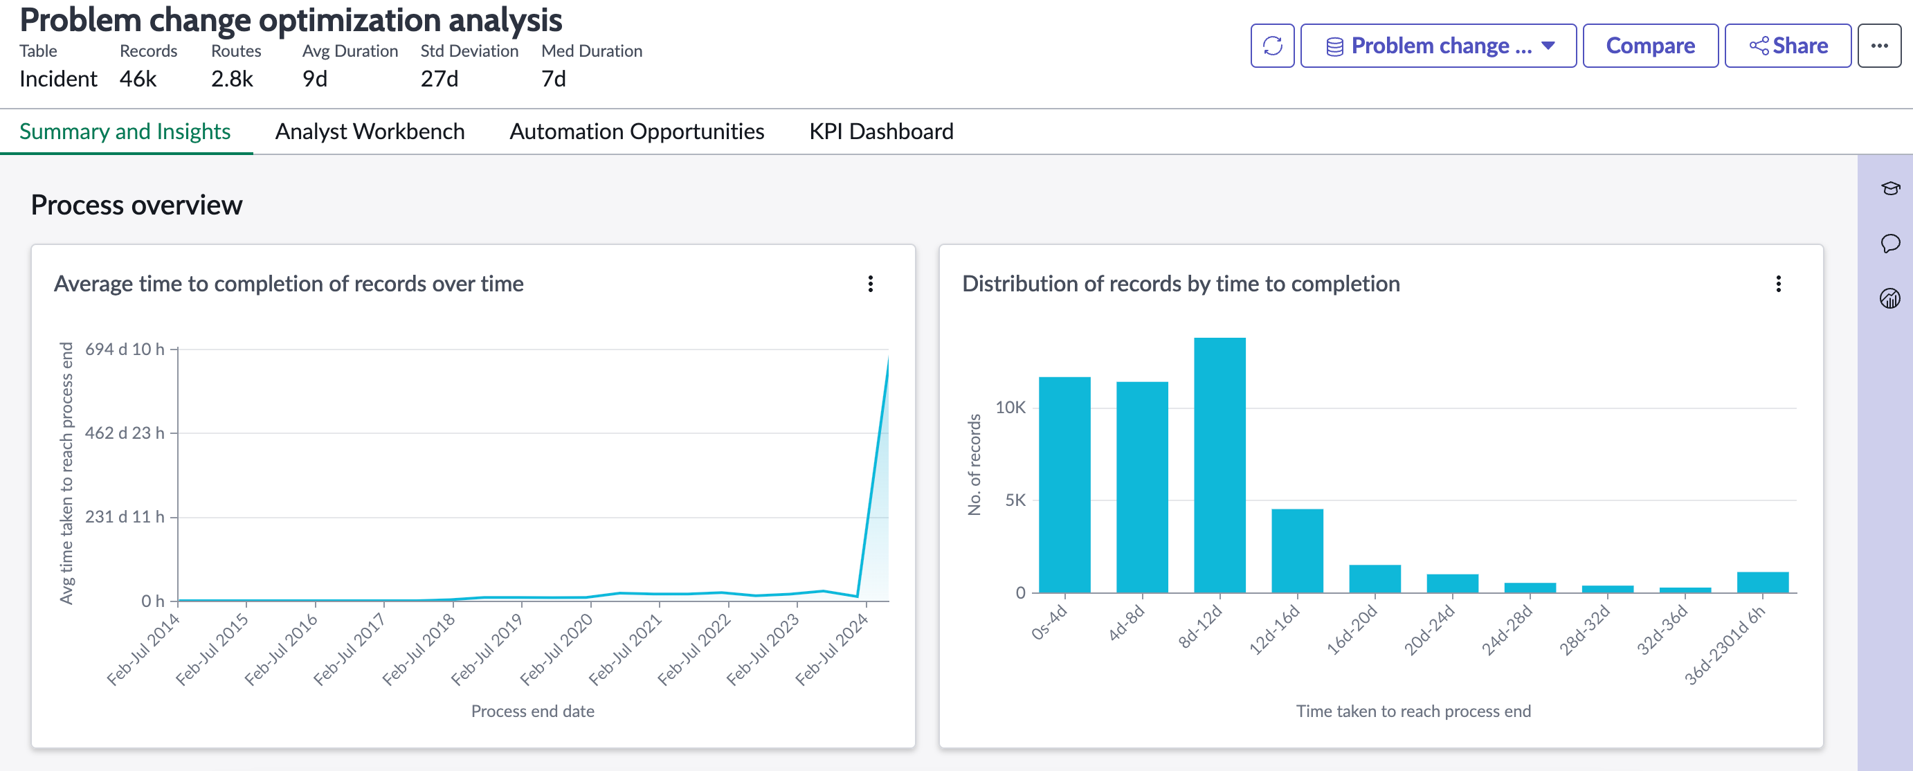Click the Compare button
(x=1650, y=46)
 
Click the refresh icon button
(x=1272, y=46)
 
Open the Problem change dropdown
(x=1438, y=46)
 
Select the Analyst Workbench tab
(x=370, y=131)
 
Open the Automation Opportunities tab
(x=637, y=131)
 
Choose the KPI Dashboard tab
(x=881, y=131)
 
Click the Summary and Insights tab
(x=125, y=131)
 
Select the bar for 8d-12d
(x=1220, y=465)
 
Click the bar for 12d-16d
(x=1296, y=550)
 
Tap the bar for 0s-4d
(x=1064, y=484)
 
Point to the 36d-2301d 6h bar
(x=1762, y=582)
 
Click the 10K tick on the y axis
(x=1010, y=407)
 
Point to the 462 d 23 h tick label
(x=125, y=433)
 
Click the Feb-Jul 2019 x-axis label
(x=487, y=649)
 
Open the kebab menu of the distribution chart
(x=1778, y=284)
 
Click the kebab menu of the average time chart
(x=871, y=284)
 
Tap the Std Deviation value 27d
(x=439, y=79)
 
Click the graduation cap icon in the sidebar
(x=1890, y=188)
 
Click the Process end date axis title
(x=532, y=711)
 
